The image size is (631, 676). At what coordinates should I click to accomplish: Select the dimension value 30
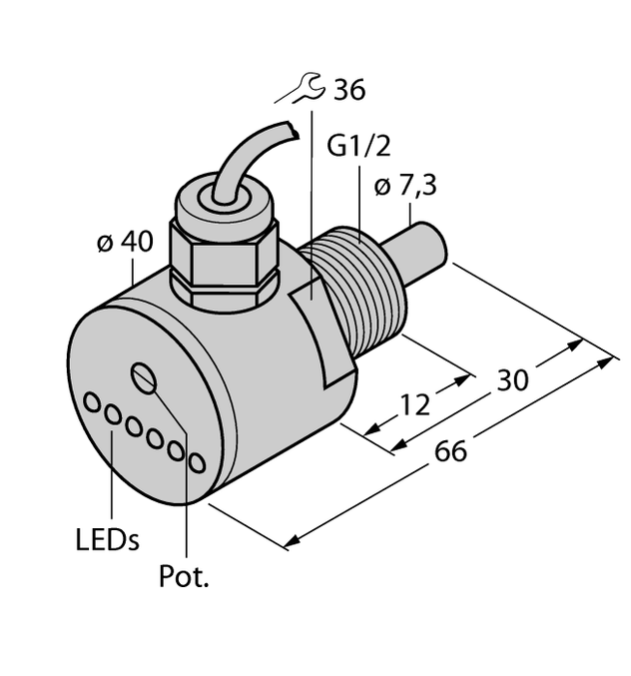point(514,379)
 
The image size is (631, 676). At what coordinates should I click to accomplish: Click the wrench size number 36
point(348,90)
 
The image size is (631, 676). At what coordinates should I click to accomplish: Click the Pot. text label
point(185,577)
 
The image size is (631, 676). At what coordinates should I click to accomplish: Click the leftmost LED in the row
point(92,402)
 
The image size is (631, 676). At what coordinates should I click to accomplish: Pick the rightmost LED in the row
point(197,463)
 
